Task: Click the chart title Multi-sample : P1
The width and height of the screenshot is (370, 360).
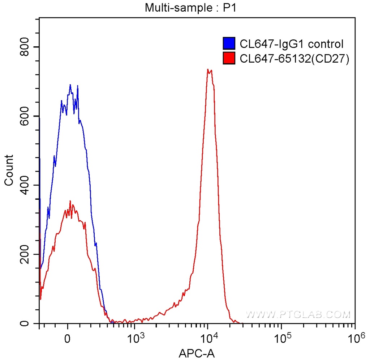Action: coord(190,7)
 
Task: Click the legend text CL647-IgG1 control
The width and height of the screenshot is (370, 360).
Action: coord(291,44)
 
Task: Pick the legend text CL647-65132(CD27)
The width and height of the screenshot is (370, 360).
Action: coord(294,59)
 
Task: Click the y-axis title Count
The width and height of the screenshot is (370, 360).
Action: coord(9,170)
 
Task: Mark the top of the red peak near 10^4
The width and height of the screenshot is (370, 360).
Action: coord(208,69)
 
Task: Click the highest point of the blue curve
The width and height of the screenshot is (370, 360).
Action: coord(70,85)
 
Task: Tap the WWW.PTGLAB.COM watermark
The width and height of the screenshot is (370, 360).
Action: coord(298,314)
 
